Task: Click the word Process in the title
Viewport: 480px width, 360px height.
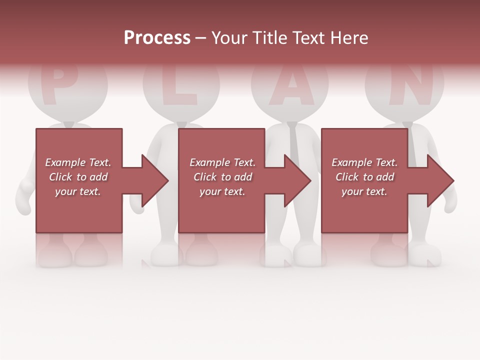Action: (x=157, y=38)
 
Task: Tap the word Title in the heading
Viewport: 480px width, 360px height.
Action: (x=270, y=38)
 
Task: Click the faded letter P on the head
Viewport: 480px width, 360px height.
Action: (x=58, y=85)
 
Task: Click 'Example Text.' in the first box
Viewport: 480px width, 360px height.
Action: (x=78, y=162)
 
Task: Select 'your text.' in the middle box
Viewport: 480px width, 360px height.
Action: (x=222, y=191)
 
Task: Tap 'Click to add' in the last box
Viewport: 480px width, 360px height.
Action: (x=364, y=177)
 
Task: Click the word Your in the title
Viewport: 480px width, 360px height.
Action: (x=228, y=38)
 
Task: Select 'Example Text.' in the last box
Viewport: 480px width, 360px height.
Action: (x=364, y=162)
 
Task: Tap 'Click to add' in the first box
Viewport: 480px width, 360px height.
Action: (x=78, y=177)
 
